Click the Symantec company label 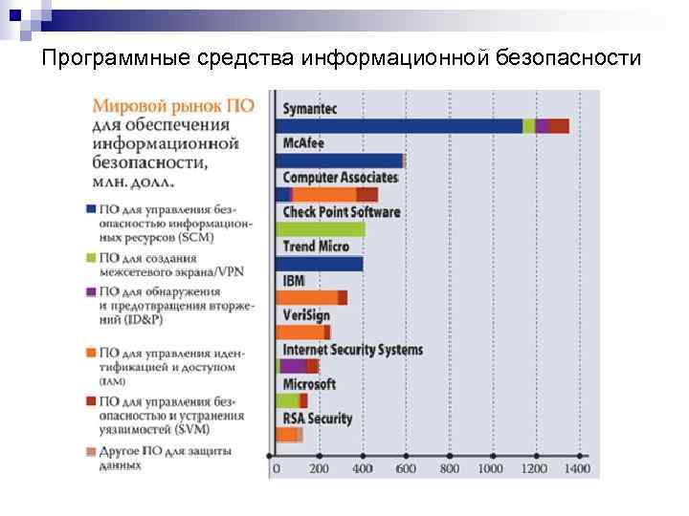click(x=310, y=108)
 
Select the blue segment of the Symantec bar click(x=398, y=126)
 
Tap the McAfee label click(x=302, y=142)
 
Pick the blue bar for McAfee click(x=339, y=161)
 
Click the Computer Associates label click(x=340, y=177)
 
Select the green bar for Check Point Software click(x=320, y=229)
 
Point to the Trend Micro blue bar click(x=320, y=264)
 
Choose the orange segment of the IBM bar click(x=306, y=298)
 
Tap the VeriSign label click(x=305, y=315)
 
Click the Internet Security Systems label click(x=352, y=350)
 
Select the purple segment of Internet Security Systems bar click(x=292, y=366)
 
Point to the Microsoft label click(x=309, y=384)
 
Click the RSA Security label click(x=317, y=419)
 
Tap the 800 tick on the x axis click(x=447, y=469)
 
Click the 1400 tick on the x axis click(x=576, y=469)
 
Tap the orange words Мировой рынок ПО click(x=173, y=107)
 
